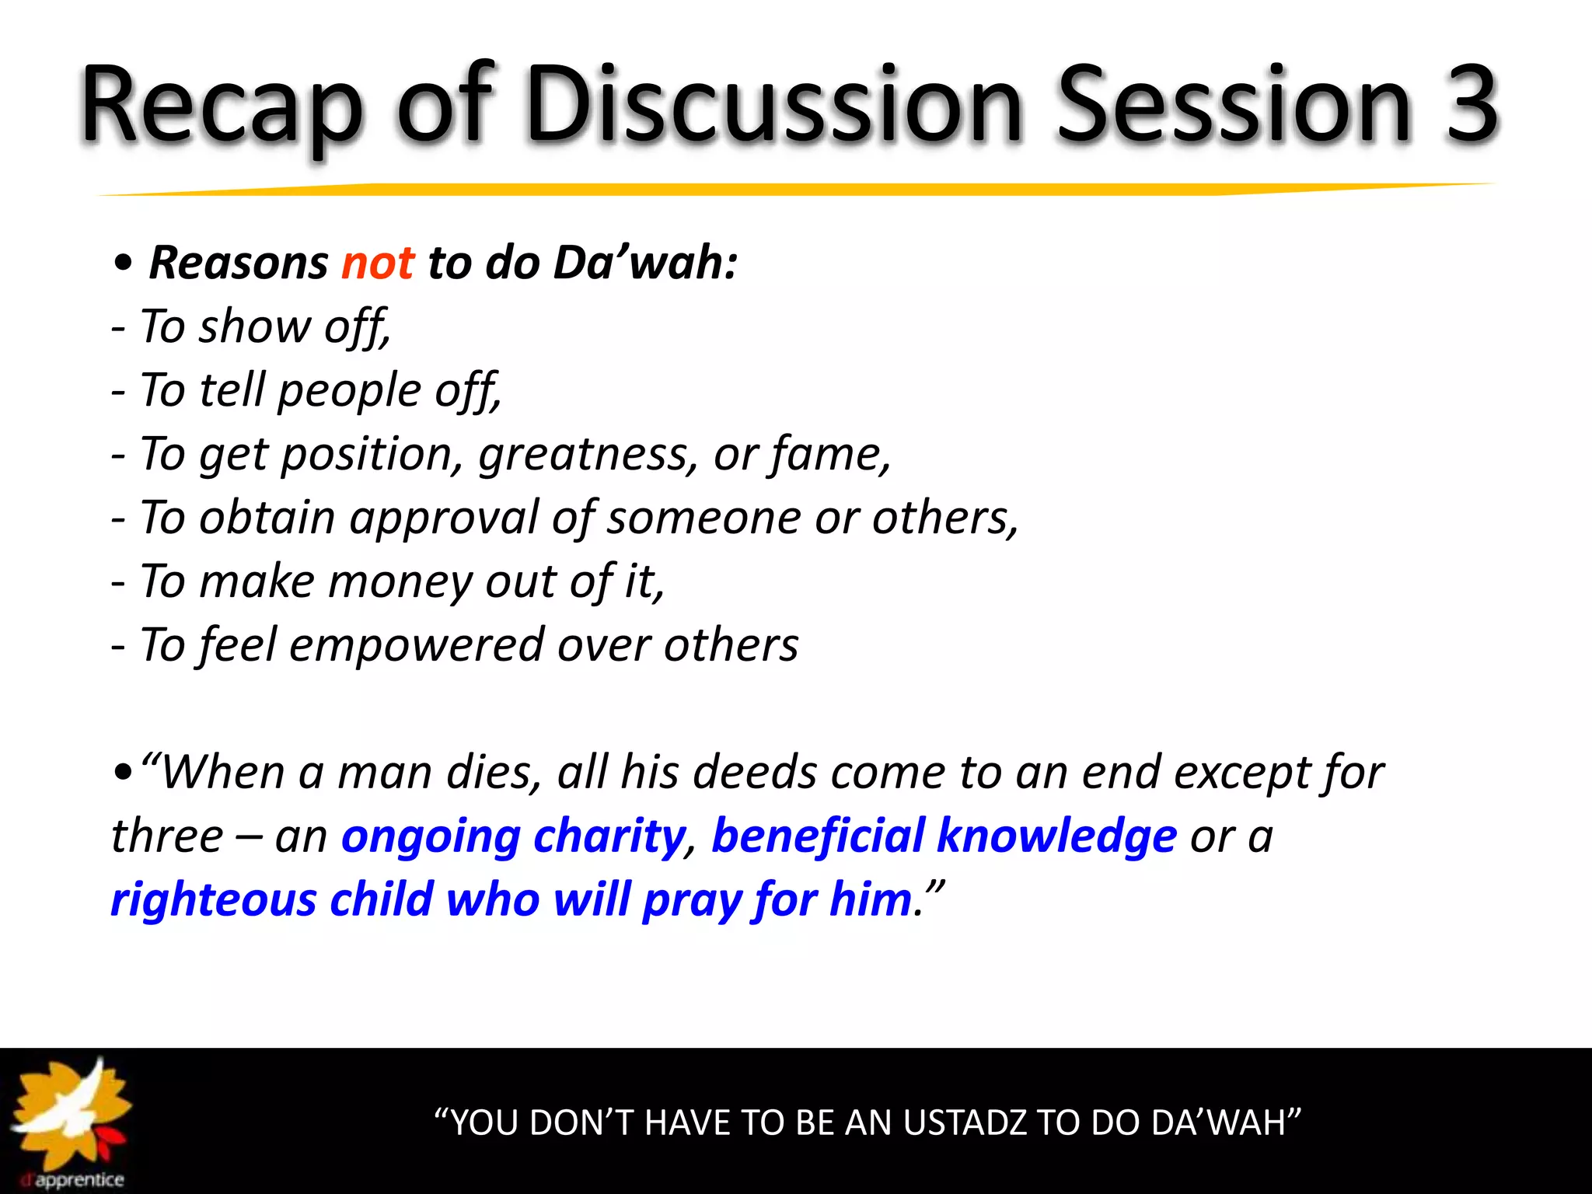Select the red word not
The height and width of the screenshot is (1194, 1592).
tap(378, 263)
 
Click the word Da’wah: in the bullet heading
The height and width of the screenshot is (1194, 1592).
tap(645, 263)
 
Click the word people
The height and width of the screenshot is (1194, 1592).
tap(349, 391)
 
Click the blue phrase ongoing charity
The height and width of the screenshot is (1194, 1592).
tap(513, 837)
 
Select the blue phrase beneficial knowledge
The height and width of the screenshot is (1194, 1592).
tap(944, 837)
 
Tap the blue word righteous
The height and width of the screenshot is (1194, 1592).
tap(213, 901)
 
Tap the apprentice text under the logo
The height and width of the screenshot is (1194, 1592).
tap(79, 1180)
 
